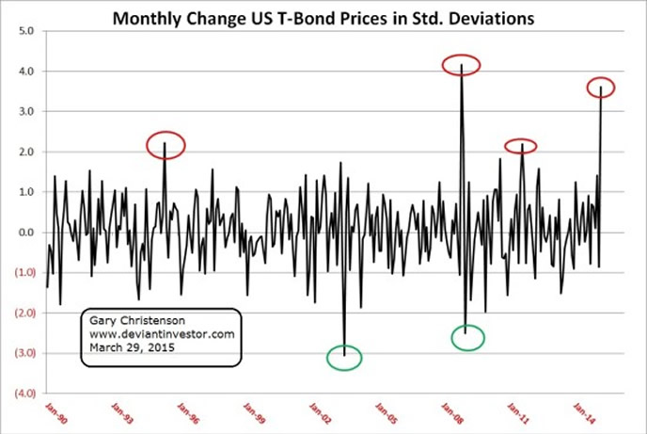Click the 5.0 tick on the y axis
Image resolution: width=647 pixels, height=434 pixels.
pos(27,31)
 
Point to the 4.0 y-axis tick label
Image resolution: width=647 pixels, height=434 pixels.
pos(27,72)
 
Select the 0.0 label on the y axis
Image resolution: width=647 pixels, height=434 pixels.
pos(27,233)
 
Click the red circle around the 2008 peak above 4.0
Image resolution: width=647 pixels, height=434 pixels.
pos(462,65)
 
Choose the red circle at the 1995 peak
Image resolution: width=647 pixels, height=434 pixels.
pos(166,144)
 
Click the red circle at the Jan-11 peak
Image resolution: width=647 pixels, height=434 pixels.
pos(520,146)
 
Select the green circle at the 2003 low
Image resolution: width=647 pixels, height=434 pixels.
pos(344,358)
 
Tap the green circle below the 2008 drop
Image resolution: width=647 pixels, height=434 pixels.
pos(468,337)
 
